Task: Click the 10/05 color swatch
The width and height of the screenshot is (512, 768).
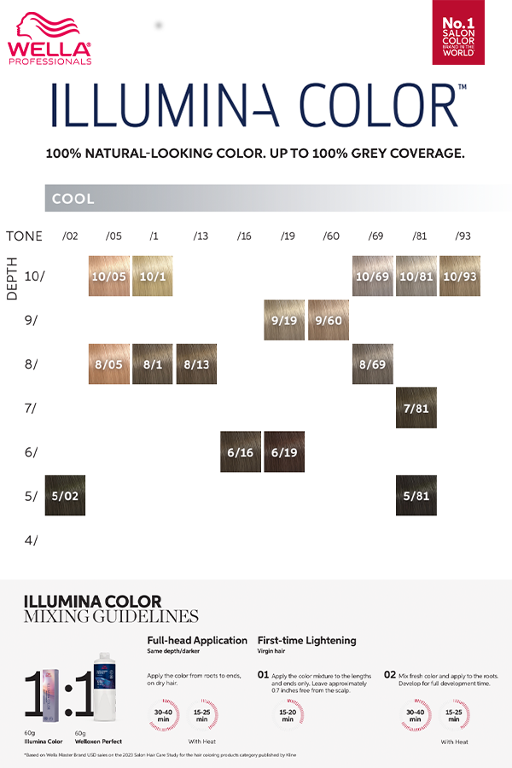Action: (109, 276)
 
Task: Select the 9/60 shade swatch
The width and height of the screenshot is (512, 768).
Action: (329, 321)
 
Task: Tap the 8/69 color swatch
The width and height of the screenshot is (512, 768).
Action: (373, 364)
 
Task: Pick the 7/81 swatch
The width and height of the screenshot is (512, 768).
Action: (416, 408)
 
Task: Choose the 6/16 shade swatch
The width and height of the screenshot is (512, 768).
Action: (241, 452)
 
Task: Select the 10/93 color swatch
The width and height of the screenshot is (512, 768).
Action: (460, 276)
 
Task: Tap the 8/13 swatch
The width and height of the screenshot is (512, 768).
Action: (196, 364)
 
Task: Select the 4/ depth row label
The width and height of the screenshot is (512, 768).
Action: (31, 539)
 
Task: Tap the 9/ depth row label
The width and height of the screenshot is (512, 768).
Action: (31, 321)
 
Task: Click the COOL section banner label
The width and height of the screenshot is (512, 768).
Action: (73, 199)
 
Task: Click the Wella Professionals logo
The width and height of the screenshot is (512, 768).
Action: (49, 38)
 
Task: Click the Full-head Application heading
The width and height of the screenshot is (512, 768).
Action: (197, 640)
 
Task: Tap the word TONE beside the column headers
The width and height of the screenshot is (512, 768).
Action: (24, 236)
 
